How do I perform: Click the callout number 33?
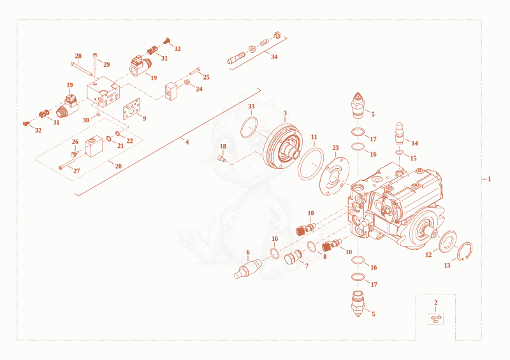point(251,106)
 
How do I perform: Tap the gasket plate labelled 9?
point(132,109)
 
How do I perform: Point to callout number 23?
point(336,148)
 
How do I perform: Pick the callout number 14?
point(414,143)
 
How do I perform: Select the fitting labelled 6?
point(248,269)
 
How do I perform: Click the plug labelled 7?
point(292,257)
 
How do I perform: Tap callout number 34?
point(274,57)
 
